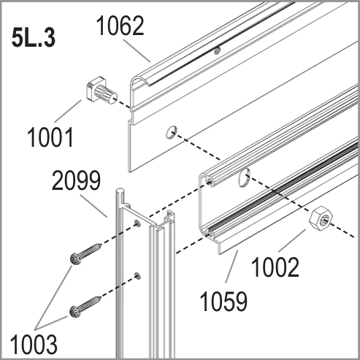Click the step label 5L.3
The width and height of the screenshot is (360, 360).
click(34, 39)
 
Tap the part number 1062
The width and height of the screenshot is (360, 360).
click(120, 26)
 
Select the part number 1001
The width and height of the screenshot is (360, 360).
click(50, 137)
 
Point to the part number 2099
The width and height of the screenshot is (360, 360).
click(76, 180)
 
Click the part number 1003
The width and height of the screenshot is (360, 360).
click(34, 345)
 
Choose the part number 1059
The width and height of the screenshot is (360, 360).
click(223, 302)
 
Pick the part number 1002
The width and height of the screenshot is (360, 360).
click(275, 267)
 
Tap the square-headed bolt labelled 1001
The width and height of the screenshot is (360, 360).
click(102, 92)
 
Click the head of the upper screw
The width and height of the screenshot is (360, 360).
click(75, 259)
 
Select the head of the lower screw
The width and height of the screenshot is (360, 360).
click(75, 312)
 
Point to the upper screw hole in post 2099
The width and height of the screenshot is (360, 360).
click(137, 223)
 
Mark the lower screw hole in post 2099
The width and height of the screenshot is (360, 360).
click(138, 276)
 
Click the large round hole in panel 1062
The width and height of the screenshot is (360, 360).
click(172, 132)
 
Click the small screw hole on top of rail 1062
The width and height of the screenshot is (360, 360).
click(218, 51)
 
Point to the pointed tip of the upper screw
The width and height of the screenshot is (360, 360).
click(101, 245)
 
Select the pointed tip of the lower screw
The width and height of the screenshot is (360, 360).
click(100, 297)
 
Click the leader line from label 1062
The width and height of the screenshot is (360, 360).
click(137, 51)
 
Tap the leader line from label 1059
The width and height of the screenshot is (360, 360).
click(232, 267)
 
